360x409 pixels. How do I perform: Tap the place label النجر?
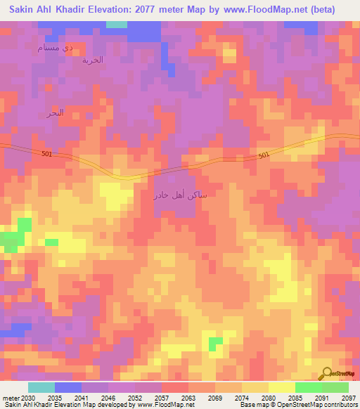tap(55, 112)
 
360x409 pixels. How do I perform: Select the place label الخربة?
tap(92, 60)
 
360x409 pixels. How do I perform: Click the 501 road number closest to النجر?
tap(47, 154)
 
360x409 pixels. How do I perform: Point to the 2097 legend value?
tap(349, 397)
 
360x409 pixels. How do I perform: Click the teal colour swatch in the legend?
tap(41, 387)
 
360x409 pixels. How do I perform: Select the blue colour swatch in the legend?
tap(68, 387)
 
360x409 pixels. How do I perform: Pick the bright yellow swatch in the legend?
tap(282, 387)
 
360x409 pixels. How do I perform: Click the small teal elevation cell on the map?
tap(117, 24)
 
